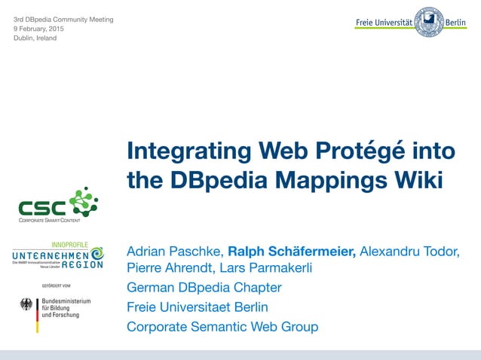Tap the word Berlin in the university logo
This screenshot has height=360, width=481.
(455, 23)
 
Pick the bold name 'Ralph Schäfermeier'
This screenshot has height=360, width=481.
(291, 251)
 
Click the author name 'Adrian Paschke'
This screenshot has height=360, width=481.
(174, 251)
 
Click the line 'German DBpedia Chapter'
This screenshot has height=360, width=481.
(204, 288)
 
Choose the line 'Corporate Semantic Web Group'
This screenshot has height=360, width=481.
(222, 327)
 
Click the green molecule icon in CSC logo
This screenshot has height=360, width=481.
(83, 202)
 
